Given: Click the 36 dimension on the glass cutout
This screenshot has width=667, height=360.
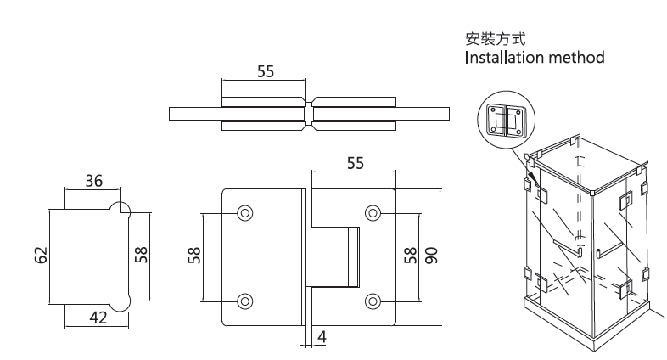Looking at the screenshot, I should click(93, 181).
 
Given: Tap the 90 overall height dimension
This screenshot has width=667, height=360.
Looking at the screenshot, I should click(431, 255).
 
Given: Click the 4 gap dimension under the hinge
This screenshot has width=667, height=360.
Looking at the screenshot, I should click(323, 337).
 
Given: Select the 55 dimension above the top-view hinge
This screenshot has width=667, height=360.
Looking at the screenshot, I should click(266, 72).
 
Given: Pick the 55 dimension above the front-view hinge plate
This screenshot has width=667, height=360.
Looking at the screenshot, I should click(355, 164).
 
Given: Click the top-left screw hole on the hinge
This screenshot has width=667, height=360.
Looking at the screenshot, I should click(245, 212).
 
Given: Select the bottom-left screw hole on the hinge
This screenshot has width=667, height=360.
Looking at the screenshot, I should click(245, 300).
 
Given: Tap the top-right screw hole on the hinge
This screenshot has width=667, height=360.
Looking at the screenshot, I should click(373, 212).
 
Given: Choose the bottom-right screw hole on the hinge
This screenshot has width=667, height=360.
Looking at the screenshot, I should click(373, 300).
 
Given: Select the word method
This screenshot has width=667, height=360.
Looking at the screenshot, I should click(577, 59).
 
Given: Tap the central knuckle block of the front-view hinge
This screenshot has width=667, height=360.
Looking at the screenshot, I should click(334, 256).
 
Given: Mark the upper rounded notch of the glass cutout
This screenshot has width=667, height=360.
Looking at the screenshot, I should click(121, 209).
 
